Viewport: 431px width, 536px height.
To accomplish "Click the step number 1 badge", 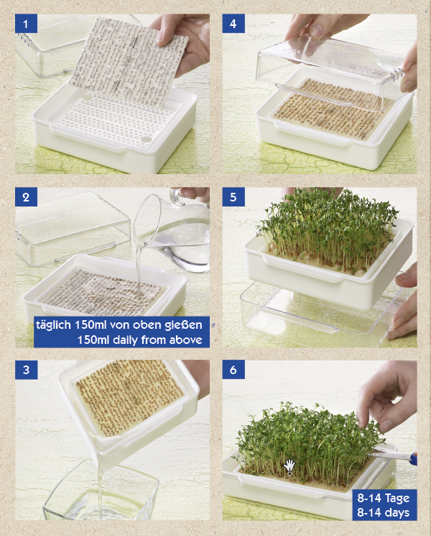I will pyautogui.click(x=26, y=24).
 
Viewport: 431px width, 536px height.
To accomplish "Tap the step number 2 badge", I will pyautogui.click(x=26, y=197).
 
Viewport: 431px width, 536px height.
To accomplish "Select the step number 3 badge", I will pyautogui.click(x=26, y=370).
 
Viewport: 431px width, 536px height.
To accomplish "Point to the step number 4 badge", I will pyautogui.click(x=233, y=24).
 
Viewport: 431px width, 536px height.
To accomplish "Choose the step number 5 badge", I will pyautogui.click(x=233, y=197).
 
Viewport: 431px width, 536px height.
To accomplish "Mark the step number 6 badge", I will pyautogui.click(x=233, y=370).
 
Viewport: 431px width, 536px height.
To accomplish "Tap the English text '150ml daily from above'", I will pyautogui.click(x=140, y=339).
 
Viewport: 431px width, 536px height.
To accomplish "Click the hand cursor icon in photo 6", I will pyautogui.click(x=289, y=465).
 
